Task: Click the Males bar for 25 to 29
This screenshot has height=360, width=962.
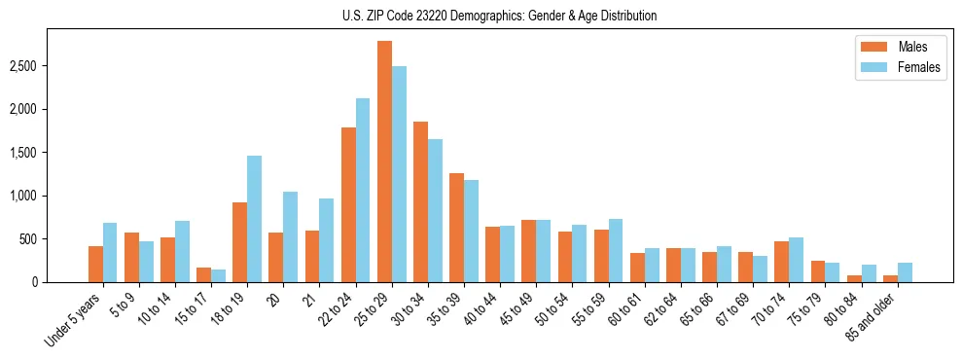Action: click(x=384, y=162)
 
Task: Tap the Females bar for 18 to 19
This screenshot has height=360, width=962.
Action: click(x=254, y=219)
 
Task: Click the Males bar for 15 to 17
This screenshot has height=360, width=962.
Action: click(x=204, y=275)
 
